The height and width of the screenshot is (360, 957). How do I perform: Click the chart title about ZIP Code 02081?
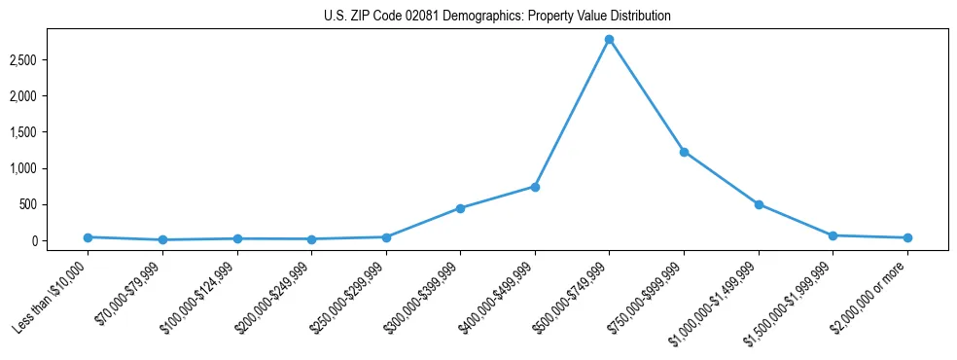click(x=497, y=17)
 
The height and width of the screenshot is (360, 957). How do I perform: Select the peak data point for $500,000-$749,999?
click(x=609, y=40)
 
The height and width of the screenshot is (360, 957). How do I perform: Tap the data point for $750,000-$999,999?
click(x=684, y=152)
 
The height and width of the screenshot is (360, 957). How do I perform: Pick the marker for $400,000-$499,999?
click(x=535, y=187)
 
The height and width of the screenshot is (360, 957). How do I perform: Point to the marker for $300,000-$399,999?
click(x=460, y=208)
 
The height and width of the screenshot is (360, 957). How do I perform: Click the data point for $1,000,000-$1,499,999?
click(x=759, y=204)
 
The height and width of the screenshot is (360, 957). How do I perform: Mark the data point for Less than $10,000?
click(x=88, y=237)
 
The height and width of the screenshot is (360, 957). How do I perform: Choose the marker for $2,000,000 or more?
click(x=907, y=237)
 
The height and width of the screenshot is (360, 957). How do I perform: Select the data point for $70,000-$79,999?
click(x=162, y=239)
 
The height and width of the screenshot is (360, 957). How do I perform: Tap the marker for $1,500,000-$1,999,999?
click(x=833, y=235)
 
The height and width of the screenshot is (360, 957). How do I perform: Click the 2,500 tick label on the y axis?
click(x=21, y=60)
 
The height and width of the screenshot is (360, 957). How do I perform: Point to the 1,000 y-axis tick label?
click(x=21, y=168)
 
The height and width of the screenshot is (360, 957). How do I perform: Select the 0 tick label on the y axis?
click(x=32, y=240)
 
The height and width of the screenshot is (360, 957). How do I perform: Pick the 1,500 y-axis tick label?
click(x=21, y=132)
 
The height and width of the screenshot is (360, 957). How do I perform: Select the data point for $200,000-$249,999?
click(x=311, y=239)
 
